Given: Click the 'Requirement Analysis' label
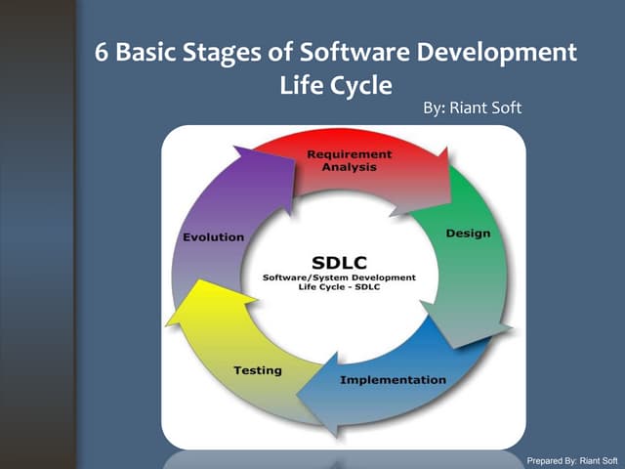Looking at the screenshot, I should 349,160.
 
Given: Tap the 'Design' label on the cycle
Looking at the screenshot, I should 468,234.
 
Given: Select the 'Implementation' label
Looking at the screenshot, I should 393,379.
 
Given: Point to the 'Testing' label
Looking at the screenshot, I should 258,370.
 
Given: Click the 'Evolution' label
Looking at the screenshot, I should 213,237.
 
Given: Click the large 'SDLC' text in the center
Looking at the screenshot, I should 339,262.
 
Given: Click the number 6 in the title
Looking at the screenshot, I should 102,52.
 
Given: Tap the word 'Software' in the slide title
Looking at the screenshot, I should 354,52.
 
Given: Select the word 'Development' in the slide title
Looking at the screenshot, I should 496,52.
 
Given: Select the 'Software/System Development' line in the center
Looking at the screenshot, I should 339,278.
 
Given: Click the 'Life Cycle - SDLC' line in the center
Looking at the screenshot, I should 339,290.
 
